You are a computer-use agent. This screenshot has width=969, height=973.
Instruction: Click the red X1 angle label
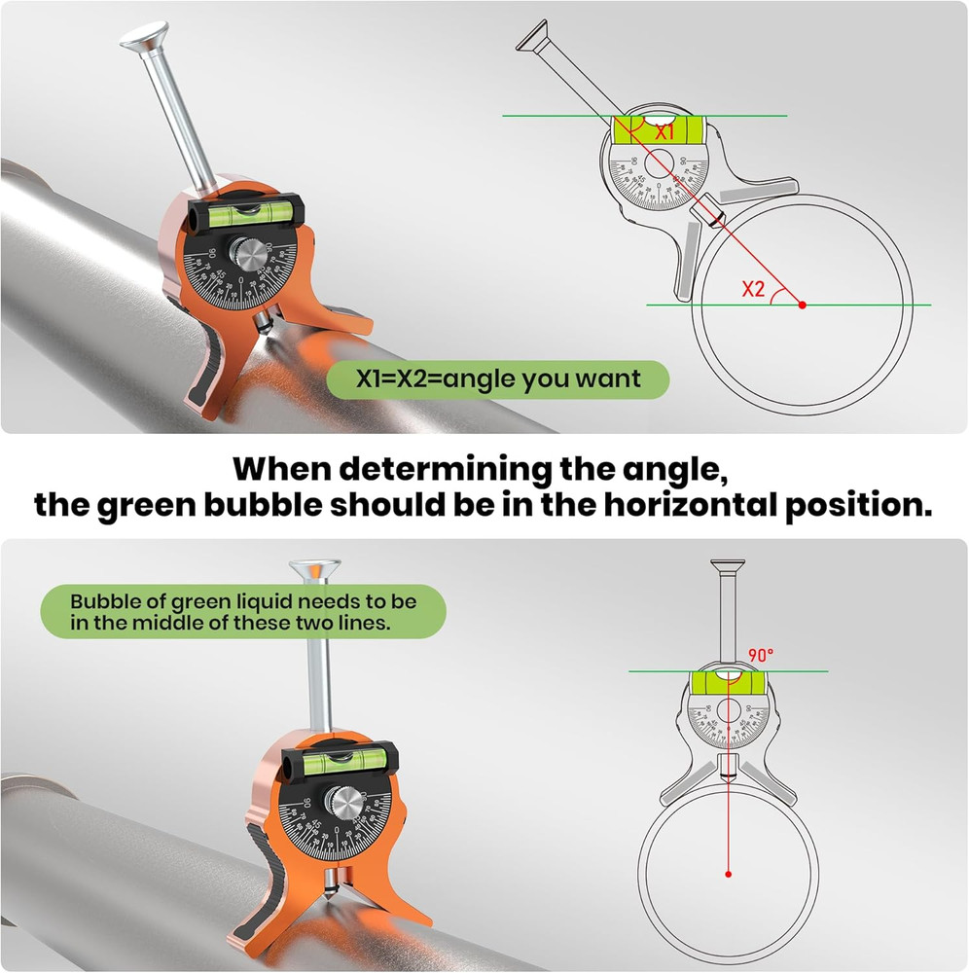point(665,131)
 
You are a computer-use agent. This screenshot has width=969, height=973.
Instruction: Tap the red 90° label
point(760,655)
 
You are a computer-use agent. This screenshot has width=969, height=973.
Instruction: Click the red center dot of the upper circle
point(802,306)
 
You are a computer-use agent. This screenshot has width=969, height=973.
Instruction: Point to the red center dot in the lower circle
point(728,874)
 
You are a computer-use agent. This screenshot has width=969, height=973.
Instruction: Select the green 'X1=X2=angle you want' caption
point(498,379)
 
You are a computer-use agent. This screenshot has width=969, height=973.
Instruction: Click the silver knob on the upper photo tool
point(247,262)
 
